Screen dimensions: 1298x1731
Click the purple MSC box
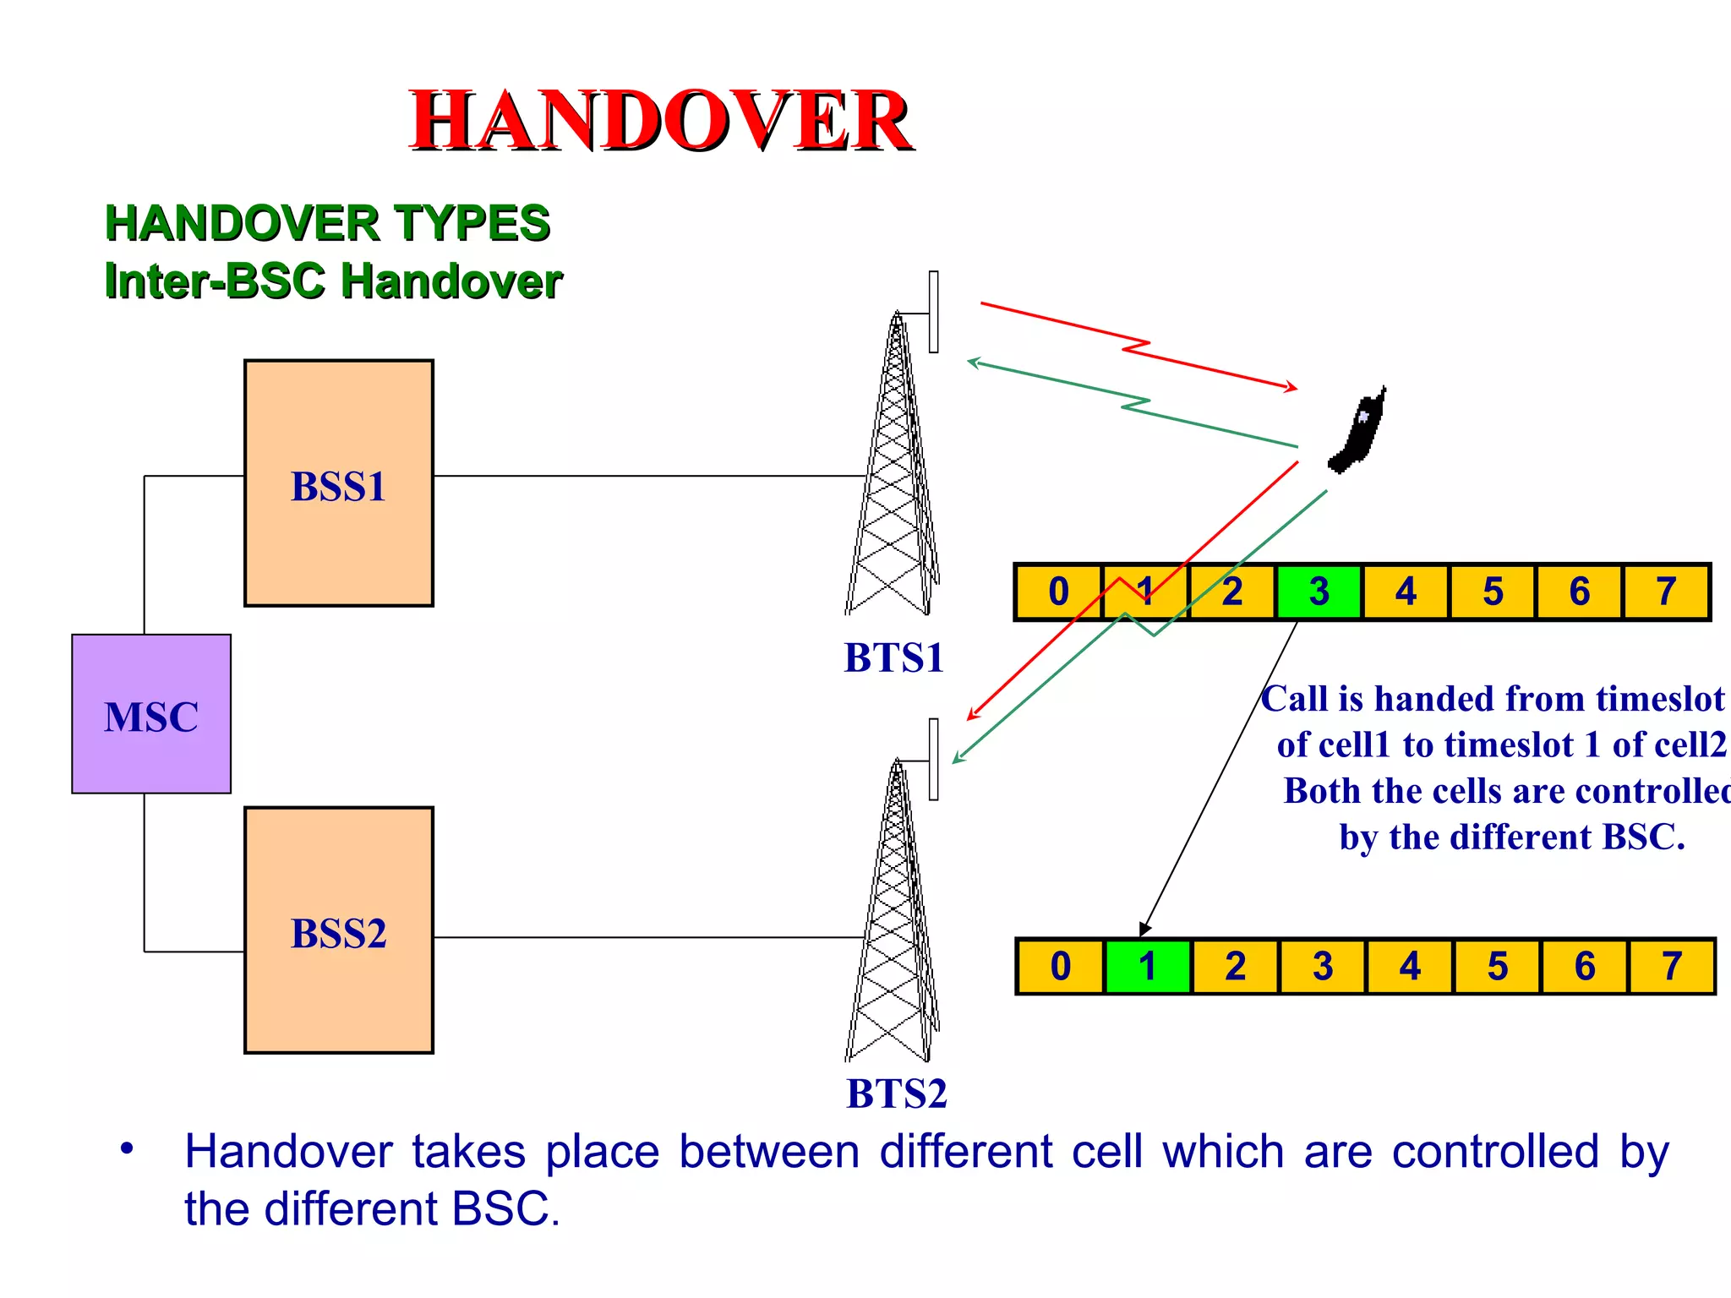[x=151, y=714]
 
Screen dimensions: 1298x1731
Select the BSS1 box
[x=338, y=483]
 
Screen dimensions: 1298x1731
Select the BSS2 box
[x=338, y=930]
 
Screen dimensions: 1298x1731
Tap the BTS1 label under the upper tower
[x=893, y=657]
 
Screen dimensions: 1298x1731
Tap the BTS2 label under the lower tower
[x=896, y=1093]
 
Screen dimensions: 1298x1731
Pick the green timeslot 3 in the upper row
[x=1319, y=592]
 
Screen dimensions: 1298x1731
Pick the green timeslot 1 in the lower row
[x=1147, y=966]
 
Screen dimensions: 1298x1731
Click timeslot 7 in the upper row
[x=1666, y=592]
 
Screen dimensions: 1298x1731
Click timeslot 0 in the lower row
[x=1060, y=966]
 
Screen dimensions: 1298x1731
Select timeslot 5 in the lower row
[x=1497, y=966]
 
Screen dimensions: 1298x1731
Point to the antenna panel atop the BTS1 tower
[x=933, y=312]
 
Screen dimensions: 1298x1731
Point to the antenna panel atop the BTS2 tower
[x=933, y=759]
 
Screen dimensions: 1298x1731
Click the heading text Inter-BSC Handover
[x=333, y=281]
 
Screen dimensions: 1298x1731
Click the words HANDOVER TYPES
[x=327, y=223]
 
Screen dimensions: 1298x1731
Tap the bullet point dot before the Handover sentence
[x=127, y=1148]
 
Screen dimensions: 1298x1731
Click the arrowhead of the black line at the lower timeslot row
[x=1144, y=930]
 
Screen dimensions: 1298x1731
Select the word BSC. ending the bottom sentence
[x=505, y=1208]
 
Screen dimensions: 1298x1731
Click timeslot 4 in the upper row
[x=1406, y=592]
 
